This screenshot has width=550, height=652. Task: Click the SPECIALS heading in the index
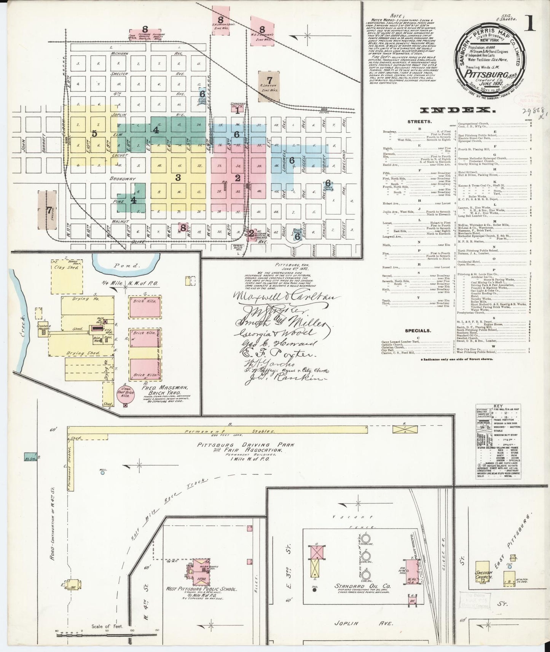[418, 331]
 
